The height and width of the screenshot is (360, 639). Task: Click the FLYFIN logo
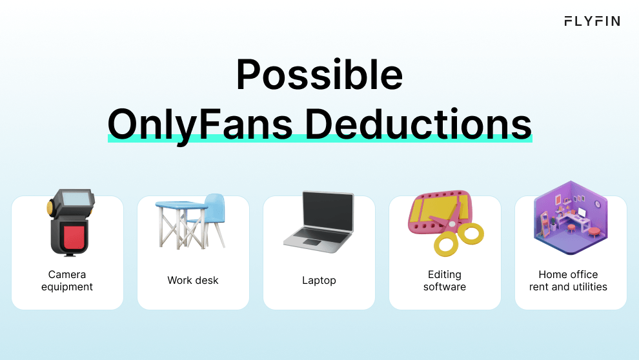pyautogui.click(x=592, y=21)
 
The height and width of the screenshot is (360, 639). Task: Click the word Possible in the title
pyautogui.click(x=319, y=75)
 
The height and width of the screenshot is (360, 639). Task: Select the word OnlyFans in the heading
pyautogui.click(x=200, y=125)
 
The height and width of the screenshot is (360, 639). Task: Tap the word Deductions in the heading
pyautogui.click(x=418, y=124)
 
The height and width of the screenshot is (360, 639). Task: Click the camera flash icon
pyautogui.click(x=70, y=223)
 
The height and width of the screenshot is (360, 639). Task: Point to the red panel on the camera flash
pyautogui.click(x=74, y=237)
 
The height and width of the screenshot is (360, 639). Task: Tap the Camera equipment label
pyautogui.click(x=67, y=281)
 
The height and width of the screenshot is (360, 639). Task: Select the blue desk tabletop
pyautogui.click(x=181, y=205)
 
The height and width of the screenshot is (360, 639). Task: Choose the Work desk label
pyautogui.click(x=193, y=280)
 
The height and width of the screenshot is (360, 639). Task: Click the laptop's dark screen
pyautogui.click(x=328, y=212)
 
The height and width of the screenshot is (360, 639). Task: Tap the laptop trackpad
pyautogui.click(x=312, y=243)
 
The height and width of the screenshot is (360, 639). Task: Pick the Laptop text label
pyautogui.click(x=319, y=281)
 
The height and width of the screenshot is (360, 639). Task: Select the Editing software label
pyautogui.click(x=445, y=281)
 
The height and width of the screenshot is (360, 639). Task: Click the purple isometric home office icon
pyautogui.click(x=571, y=218)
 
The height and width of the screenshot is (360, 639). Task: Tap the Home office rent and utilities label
pyautogui.click(x=568, y=281)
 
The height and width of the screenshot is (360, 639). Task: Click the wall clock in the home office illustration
pyautogui.click(x=597, y=204)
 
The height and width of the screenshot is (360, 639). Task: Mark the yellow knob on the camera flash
pyautogui.click(x=50, y=208)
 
